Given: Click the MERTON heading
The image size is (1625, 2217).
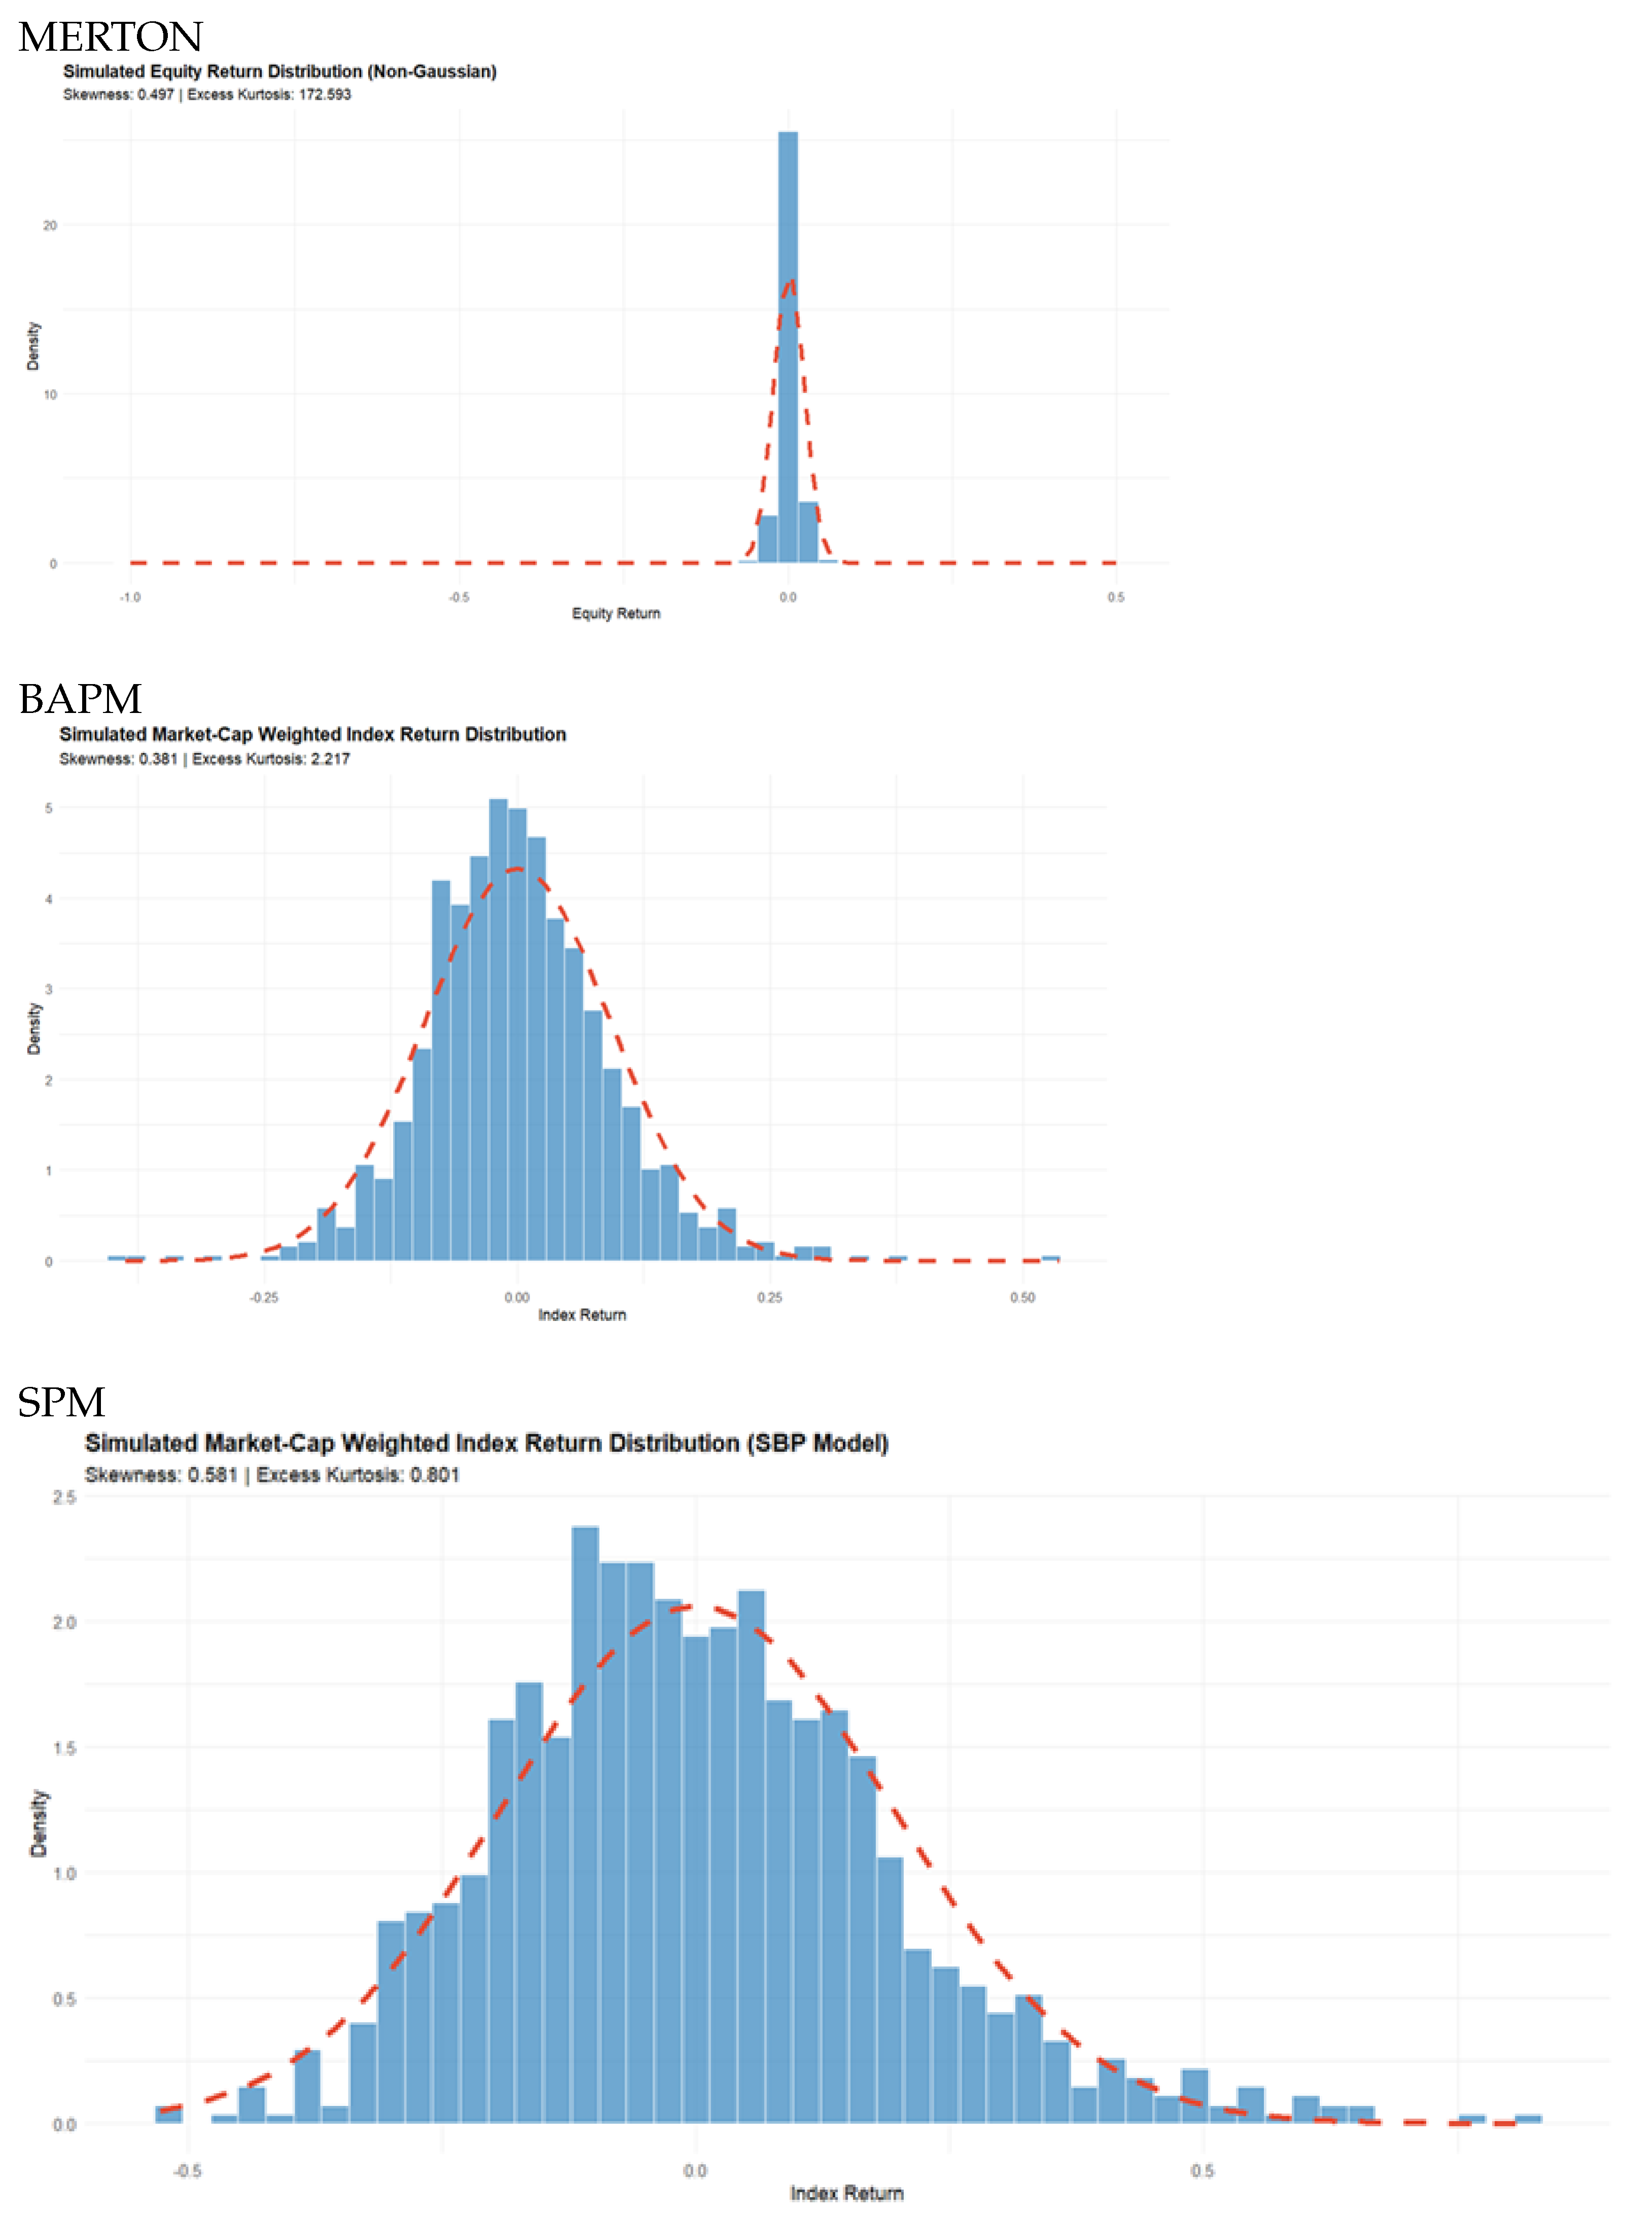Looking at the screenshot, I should point(110,38).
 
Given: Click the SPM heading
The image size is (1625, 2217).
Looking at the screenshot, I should point(61,1403).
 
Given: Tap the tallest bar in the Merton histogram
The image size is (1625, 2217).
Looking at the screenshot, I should point(788,344).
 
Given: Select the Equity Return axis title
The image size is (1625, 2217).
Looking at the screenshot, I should point(616,614).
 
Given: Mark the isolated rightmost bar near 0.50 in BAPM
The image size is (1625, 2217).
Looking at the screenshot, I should point(1050,1258).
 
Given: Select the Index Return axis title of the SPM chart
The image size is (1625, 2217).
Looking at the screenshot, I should point(846,2193).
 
